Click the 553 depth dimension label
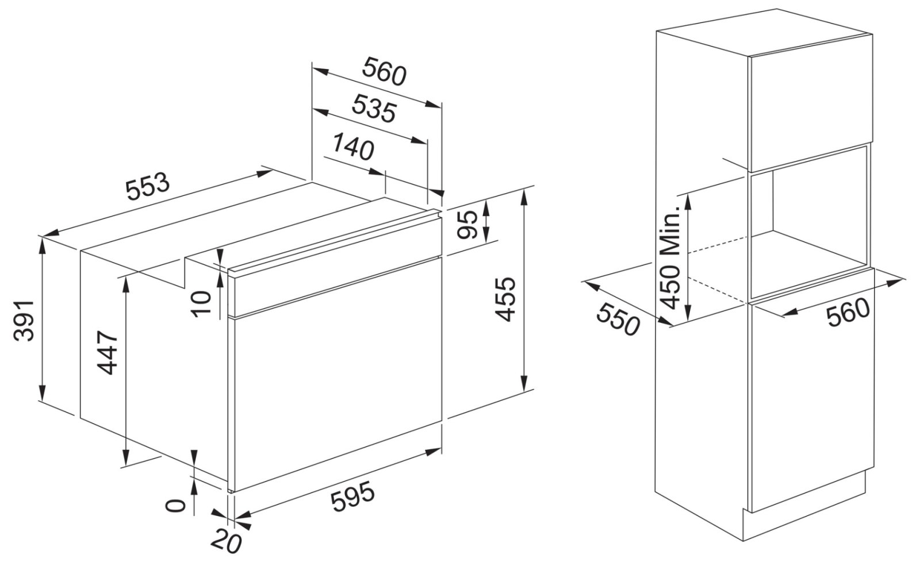click(x=147, y=187)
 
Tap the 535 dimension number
click(x=374, y=109)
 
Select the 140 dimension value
click(x=353, y=146)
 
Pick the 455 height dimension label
click(x=504, y=299)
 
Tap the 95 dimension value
click(x=466, y=225)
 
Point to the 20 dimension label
click(x=225, y=541)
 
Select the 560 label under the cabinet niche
click(x=849, y=313)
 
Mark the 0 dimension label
click(x=175, y=506)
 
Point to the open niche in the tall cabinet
click(x=808, y=222)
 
